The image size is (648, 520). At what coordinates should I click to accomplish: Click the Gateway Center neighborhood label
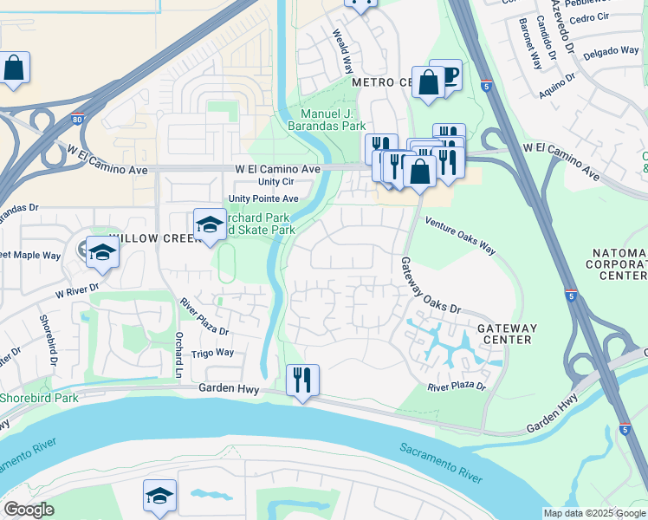tap(508, 335)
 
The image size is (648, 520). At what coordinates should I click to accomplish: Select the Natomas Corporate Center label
tap(619, 264)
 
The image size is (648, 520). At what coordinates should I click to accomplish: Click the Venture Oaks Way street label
tap(460, 236)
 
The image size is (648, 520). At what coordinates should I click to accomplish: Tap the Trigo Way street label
tap(213, 353)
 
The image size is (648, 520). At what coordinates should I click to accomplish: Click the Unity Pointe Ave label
tap(263, 198)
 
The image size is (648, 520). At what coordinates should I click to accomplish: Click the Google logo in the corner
tap(29, 510)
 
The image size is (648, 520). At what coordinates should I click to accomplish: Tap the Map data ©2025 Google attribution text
tap(594, 513)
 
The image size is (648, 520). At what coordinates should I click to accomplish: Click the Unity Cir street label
tap(276, 182)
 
